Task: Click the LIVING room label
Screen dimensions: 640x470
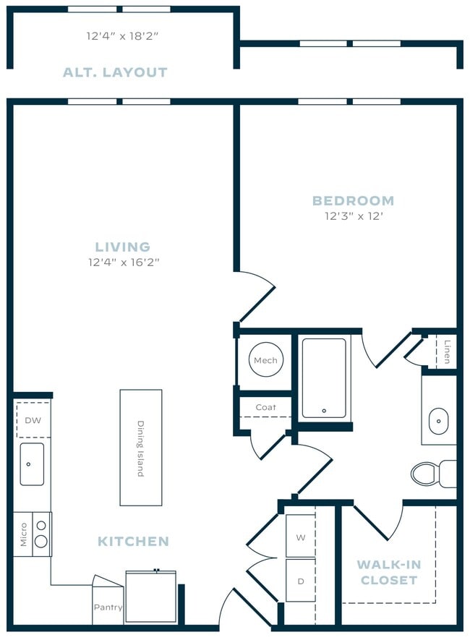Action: [x=122, y=247]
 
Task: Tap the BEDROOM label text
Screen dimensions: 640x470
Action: [x=353, y=200]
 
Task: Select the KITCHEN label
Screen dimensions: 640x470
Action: [x=133, y=541]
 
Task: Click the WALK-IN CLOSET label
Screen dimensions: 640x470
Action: [x=389, y=572]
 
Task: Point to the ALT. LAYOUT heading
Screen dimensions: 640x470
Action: [x=115, y=72]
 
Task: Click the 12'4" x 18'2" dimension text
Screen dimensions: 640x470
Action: [x=121, y=35]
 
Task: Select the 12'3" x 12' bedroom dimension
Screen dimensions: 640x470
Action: [x=353, y=216]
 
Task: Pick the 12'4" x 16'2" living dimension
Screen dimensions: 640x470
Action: [x=123, y=263]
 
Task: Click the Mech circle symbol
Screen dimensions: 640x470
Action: [x=265, y=360]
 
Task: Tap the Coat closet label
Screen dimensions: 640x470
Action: [x=265, y=407]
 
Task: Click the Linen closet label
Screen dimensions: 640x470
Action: [x=448, y=351]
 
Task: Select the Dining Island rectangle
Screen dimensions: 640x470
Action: [x=140, y=448]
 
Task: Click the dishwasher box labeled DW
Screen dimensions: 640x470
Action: [x=33, y=420]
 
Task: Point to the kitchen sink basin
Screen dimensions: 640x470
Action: [x=32, y=464]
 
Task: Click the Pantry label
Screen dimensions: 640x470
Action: [x=108, y=607]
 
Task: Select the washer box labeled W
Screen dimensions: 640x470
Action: [x=300, y=537]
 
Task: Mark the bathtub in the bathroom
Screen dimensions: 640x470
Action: [x=323, y=378]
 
